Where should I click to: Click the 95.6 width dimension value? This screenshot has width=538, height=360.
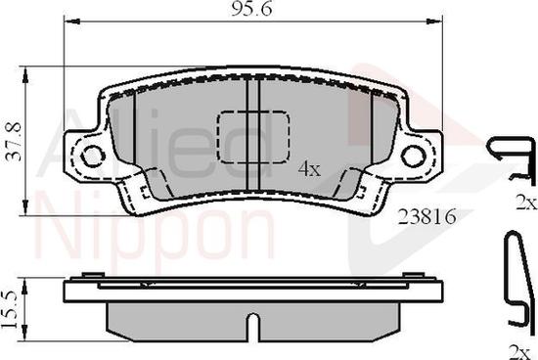(x=251, y=8)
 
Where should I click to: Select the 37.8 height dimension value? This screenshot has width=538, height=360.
(x=15, y=141)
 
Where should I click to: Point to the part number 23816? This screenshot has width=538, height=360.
(x=427, y=216)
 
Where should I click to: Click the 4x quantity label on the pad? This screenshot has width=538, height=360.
(x=309, y=169)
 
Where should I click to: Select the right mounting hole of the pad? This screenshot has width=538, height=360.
(x=414, y=156)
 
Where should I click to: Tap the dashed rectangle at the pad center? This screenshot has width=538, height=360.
(x=252, y=137)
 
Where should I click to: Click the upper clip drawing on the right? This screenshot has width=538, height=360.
(x=512, y=159)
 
